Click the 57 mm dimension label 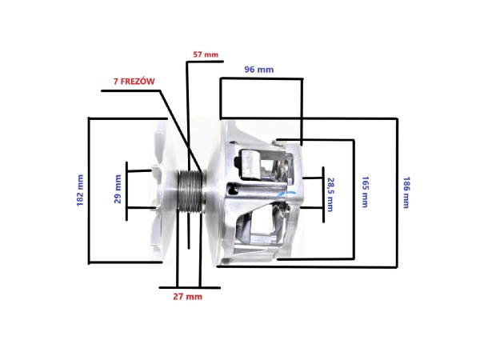(x=206, y=54)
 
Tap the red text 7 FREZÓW (x=135, y=82)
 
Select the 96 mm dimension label (x=258, y=70)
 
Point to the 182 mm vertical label (x=79, y=190)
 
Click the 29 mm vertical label (x=118, y=190)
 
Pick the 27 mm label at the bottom (x=189, y=296)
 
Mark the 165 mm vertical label (x=365, y=192)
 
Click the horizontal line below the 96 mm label (x=260, y=78)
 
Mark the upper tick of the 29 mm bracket (x=138, y=170)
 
